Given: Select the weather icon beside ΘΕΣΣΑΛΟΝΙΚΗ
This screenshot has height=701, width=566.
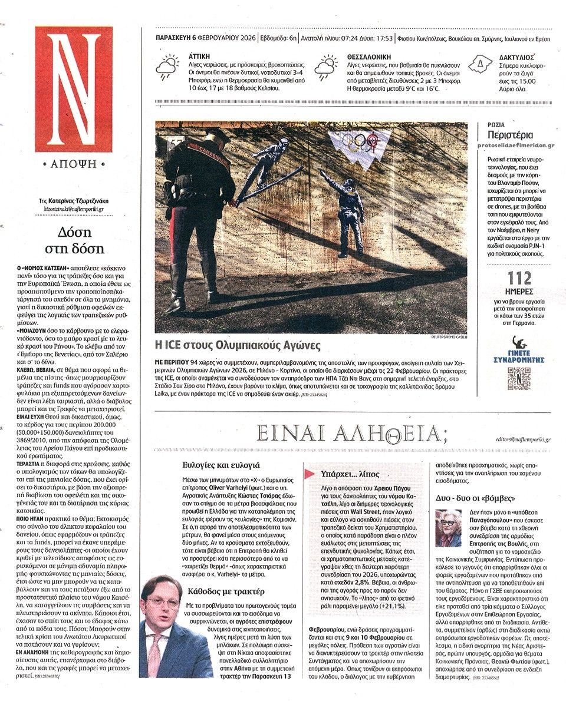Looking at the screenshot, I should tap(325, 68).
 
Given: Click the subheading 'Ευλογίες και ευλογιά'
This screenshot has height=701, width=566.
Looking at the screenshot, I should tap(221, 464).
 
